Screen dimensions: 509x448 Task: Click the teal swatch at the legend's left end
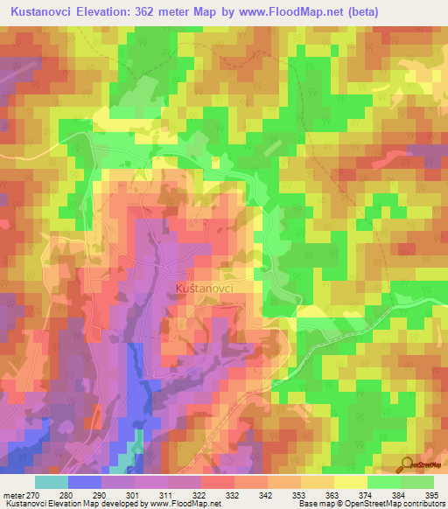pos(52,482)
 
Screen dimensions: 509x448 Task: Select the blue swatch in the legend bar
pos(85,482)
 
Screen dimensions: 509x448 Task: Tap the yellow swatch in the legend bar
pos(350,482)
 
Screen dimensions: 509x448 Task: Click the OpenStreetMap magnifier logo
pos(408,464)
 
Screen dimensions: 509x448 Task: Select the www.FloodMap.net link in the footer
pos(183,505)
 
